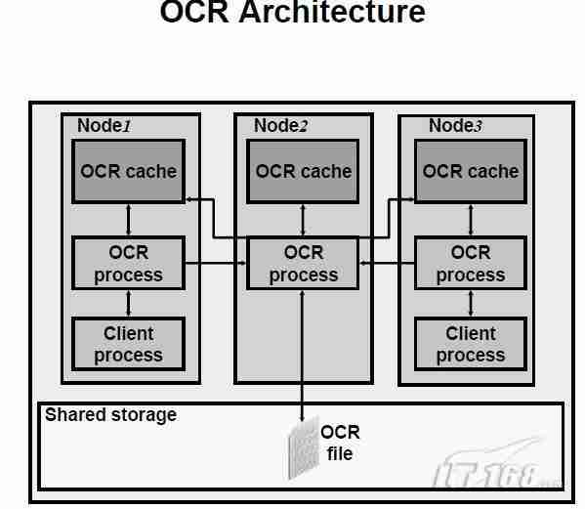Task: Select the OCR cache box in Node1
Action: [x=128, y=171]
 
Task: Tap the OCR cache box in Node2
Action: [x=303, y=171]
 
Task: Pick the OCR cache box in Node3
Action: [x=470, y=171]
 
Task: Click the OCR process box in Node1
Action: [x=128, y=263]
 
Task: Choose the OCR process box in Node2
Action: [x=303, y=263]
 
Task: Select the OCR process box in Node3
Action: [x=470, y=263]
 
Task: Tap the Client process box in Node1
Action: [x=128, y=344]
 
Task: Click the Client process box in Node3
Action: [x=470, y=344]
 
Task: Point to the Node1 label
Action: [x=103, y=125]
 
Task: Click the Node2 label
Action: [x=280, y=125]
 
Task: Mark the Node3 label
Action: [x=455, y=125]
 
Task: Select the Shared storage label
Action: [x=110, y=414]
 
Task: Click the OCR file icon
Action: [x=303, y=451]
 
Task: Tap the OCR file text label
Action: [x=340, y=442]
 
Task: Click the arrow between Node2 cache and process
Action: [x=303, y=221]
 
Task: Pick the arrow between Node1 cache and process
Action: [x=128, y=221]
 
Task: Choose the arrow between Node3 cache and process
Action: [x=470, y=221]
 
